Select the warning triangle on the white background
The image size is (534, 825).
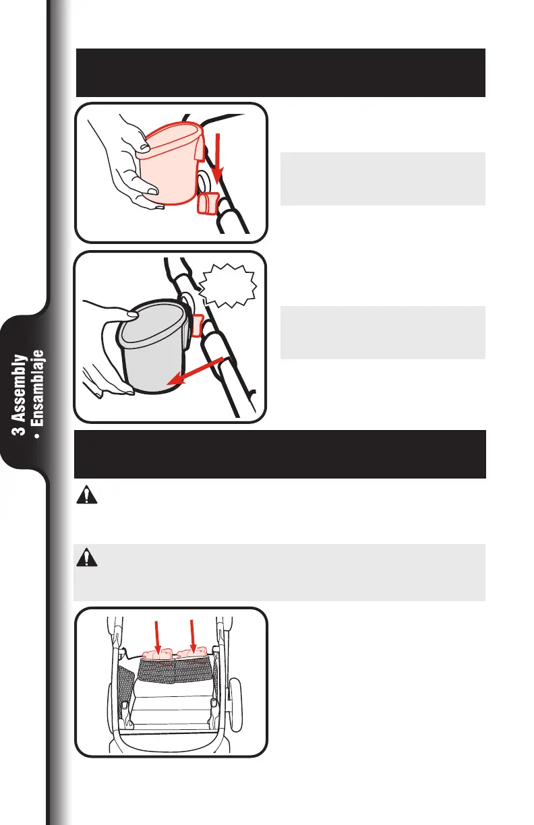(86, 497)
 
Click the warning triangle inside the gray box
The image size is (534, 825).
(86, 559)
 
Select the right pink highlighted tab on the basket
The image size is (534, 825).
(192, 653)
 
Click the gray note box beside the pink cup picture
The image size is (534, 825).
(382, 179)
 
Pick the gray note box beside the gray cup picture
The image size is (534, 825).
(382, 332)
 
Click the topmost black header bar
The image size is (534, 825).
(281, 73)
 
